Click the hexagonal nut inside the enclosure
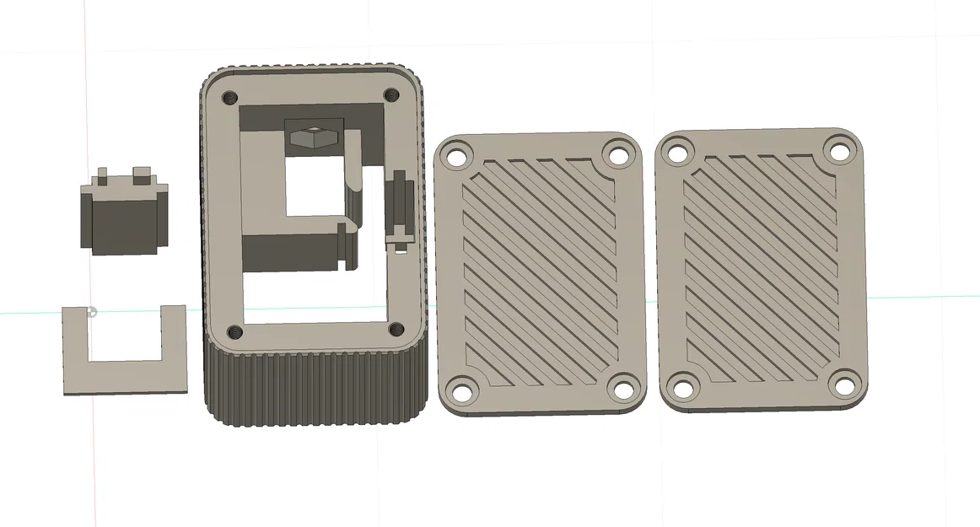click(x=310, y=135)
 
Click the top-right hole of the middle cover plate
click(x=618, y=155)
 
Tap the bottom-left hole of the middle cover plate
click(x=461, y=390)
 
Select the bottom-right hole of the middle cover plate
click(x=622, y=390)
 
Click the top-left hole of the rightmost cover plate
click(x=677, y=153)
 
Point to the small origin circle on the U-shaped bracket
click(x=93, y=313)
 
